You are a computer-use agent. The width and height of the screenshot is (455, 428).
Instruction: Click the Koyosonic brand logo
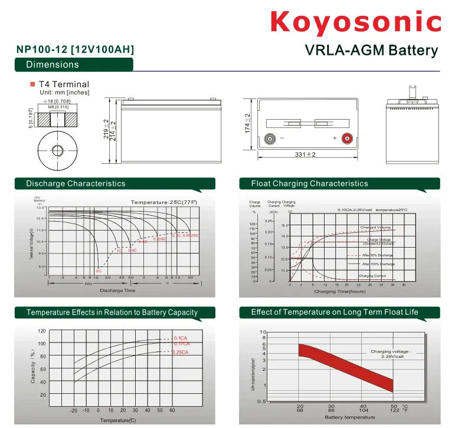[355, 22]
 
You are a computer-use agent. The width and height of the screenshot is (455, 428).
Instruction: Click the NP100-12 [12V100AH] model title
[75, 50]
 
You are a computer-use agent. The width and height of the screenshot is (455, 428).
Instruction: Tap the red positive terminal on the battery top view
[346, 139]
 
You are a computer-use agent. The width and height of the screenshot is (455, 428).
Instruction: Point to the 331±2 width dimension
[305, 154]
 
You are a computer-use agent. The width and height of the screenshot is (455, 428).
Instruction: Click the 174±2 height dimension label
[248, 123]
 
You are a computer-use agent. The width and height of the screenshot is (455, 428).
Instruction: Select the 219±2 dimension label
[106, 129]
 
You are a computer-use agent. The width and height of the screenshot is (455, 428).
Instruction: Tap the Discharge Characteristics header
[76, 183]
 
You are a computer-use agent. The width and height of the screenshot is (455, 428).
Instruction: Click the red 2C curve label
[99, 271]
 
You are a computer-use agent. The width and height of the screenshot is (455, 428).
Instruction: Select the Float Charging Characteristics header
[309, 183]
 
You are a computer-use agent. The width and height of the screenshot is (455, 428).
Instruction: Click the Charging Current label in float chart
[372, 276]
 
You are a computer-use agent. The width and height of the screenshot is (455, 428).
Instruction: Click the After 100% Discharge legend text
[378, 264]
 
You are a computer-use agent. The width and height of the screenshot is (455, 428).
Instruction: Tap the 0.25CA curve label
[181, 352]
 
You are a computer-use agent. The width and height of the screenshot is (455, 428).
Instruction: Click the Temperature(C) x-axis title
[117, 420]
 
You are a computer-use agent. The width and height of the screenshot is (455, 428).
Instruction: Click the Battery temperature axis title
[349, 417]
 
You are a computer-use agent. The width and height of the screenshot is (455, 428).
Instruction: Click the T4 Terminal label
[64, 84]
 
